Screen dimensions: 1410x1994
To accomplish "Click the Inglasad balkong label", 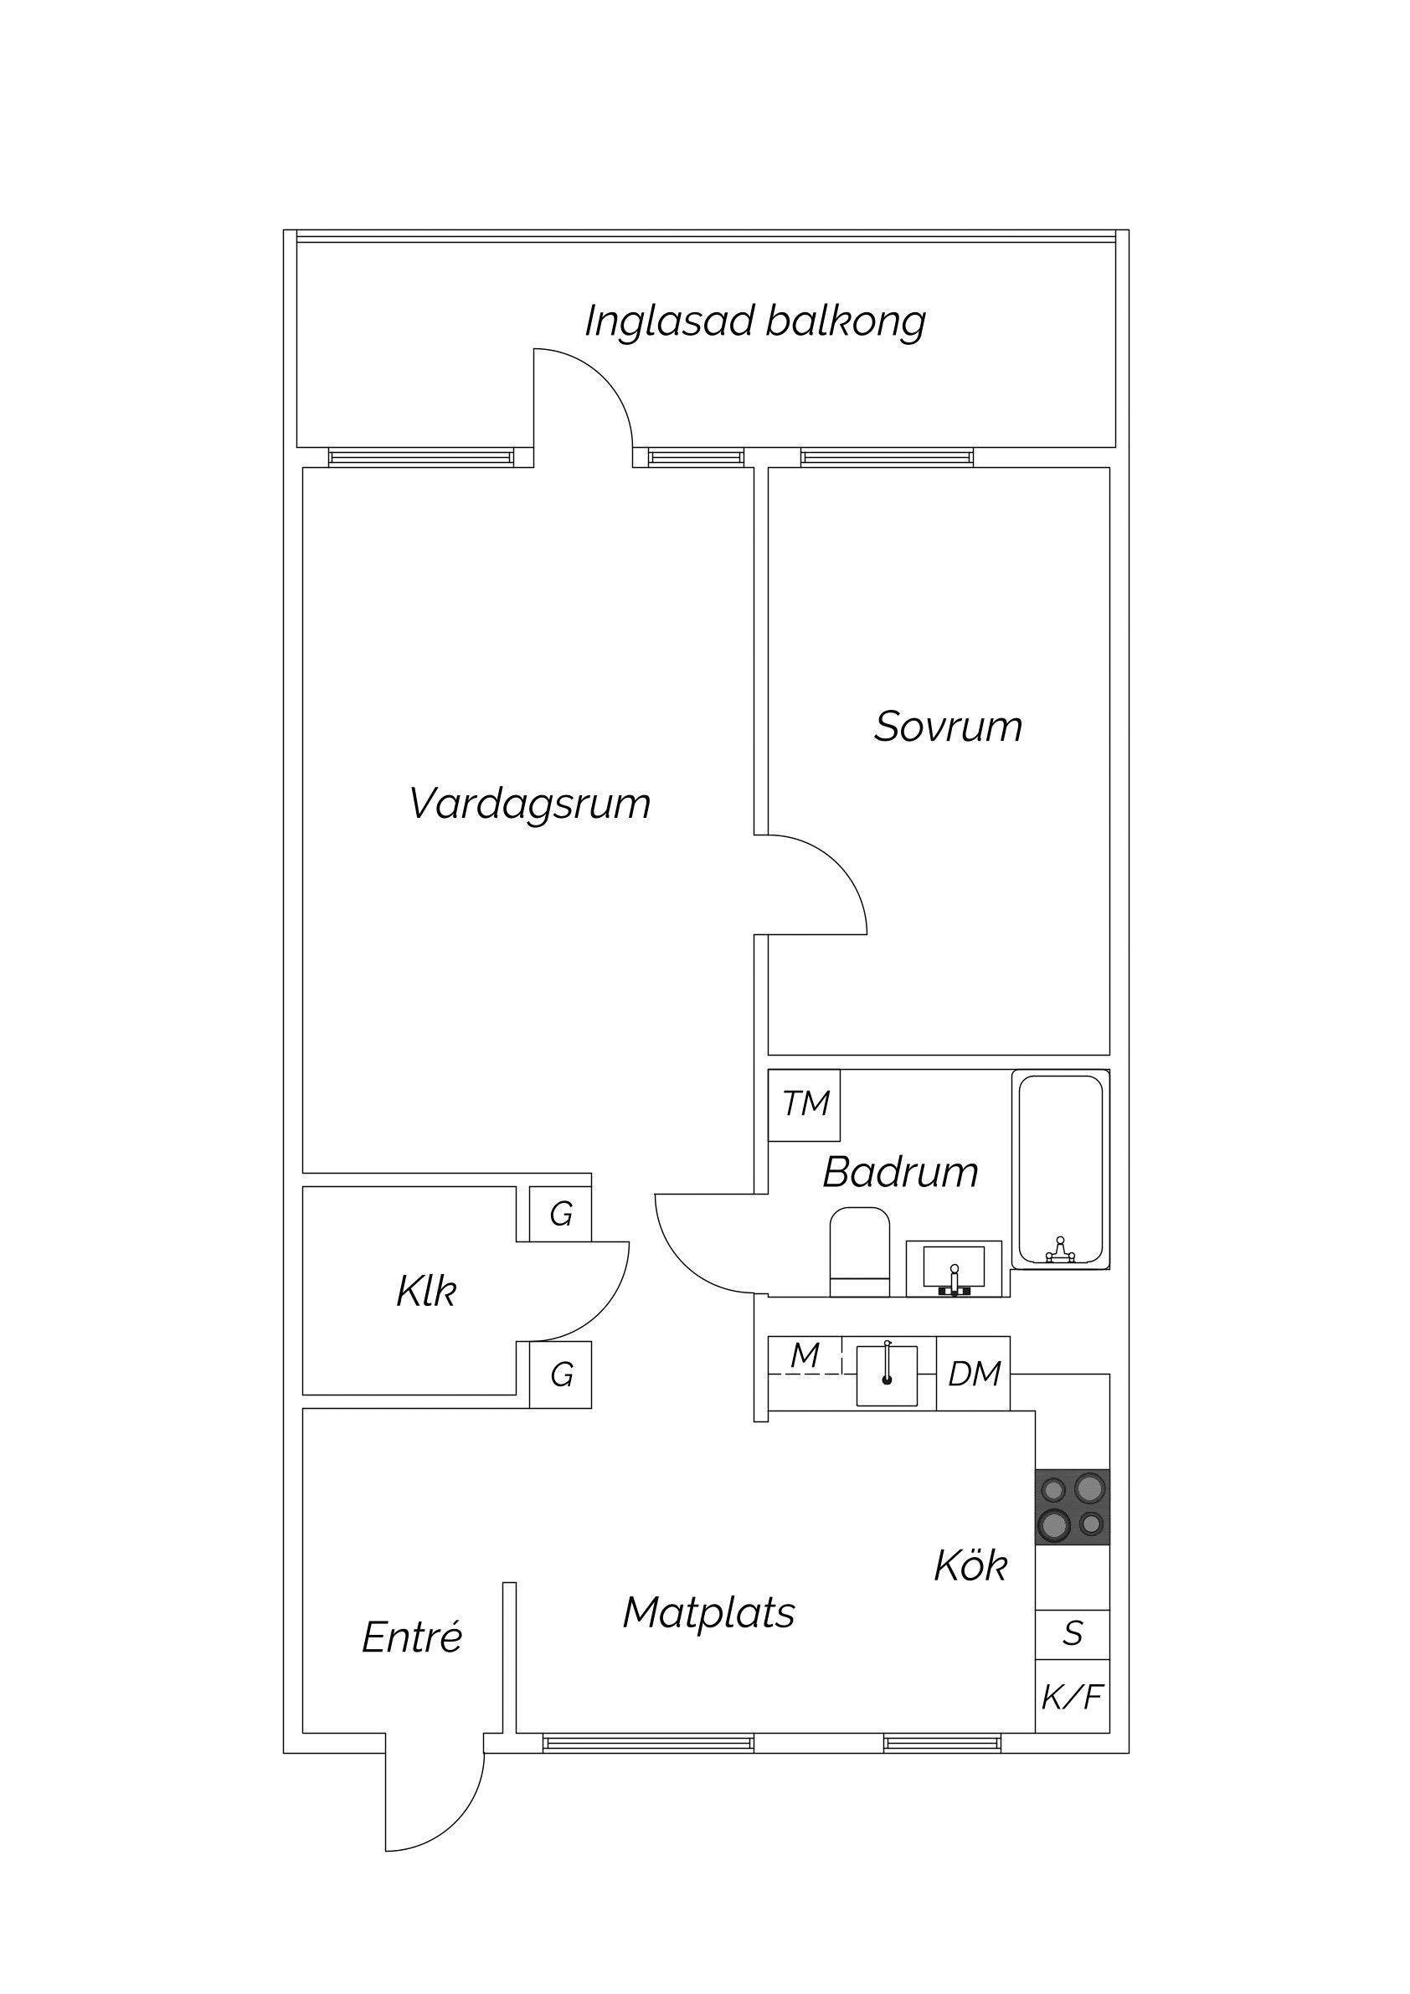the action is click(755, 321).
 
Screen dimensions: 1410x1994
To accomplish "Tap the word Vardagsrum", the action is click(530, 804).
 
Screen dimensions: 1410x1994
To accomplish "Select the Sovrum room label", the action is click(948, 727).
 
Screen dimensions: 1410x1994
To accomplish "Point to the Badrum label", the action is click(900, 1172).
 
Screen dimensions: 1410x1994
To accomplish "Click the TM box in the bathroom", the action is click(805, 1105).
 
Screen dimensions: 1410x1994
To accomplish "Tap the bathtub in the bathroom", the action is click(1061, 1169).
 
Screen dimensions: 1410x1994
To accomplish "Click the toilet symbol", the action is click(860, 1251).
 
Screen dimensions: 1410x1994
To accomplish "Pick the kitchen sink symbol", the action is click(887, 1375).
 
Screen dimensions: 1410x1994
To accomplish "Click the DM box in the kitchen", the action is click(973, 1373).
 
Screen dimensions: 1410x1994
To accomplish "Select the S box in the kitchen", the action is click(1072, 1633).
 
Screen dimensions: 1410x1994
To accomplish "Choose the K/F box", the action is click(1072, 1696).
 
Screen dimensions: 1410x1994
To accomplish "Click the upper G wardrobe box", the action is click(560, 1213).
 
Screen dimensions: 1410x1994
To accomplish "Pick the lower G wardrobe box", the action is click(560, 1375).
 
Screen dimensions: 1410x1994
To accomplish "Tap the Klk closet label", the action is click(425, 1292).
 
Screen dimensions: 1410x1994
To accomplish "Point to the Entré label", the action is click(412, 1638).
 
